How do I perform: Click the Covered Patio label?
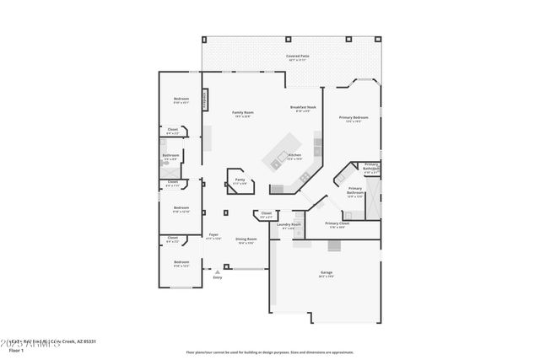(x=296, y=56)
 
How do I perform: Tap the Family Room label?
(x=243, y=112)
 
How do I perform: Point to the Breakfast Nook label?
(x=303, y=107)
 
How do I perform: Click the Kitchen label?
(x=294, y=155)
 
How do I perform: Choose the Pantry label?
(x=240, y=180)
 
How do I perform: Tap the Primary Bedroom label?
(x=353, y=117)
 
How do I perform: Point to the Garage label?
(x=327, y=272)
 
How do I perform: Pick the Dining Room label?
(x=246, y=239)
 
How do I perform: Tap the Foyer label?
(x=213, y=234)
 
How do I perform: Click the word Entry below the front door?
(x=218, y=277)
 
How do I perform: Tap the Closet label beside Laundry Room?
(x=267, y=213)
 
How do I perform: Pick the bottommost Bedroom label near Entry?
(x=181, y=262)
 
